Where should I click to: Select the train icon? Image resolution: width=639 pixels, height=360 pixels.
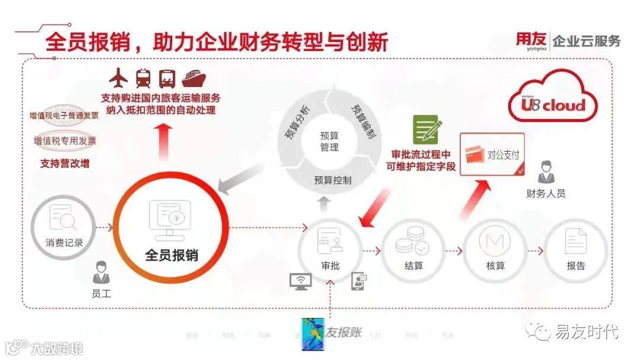click(x=144, y=77)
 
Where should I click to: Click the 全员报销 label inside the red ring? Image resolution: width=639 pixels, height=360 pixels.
click(x=172, y=255)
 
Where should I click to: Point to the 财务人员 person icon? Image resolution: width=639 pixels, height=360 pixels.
click(x=546, y=173)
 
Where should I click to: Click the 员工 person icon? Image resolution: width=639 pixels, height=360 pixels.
click(x=101, y=274)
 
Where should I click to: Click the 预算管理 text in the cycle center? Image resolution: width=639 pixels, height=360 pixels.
click(x=330, y=141)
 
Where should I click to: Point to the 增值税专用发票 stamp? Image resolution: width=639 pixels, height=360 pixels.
click(x=64, y=141)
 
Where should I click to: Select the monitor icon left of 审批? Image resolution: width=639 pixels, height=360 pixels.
click(x=300, y=280)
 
